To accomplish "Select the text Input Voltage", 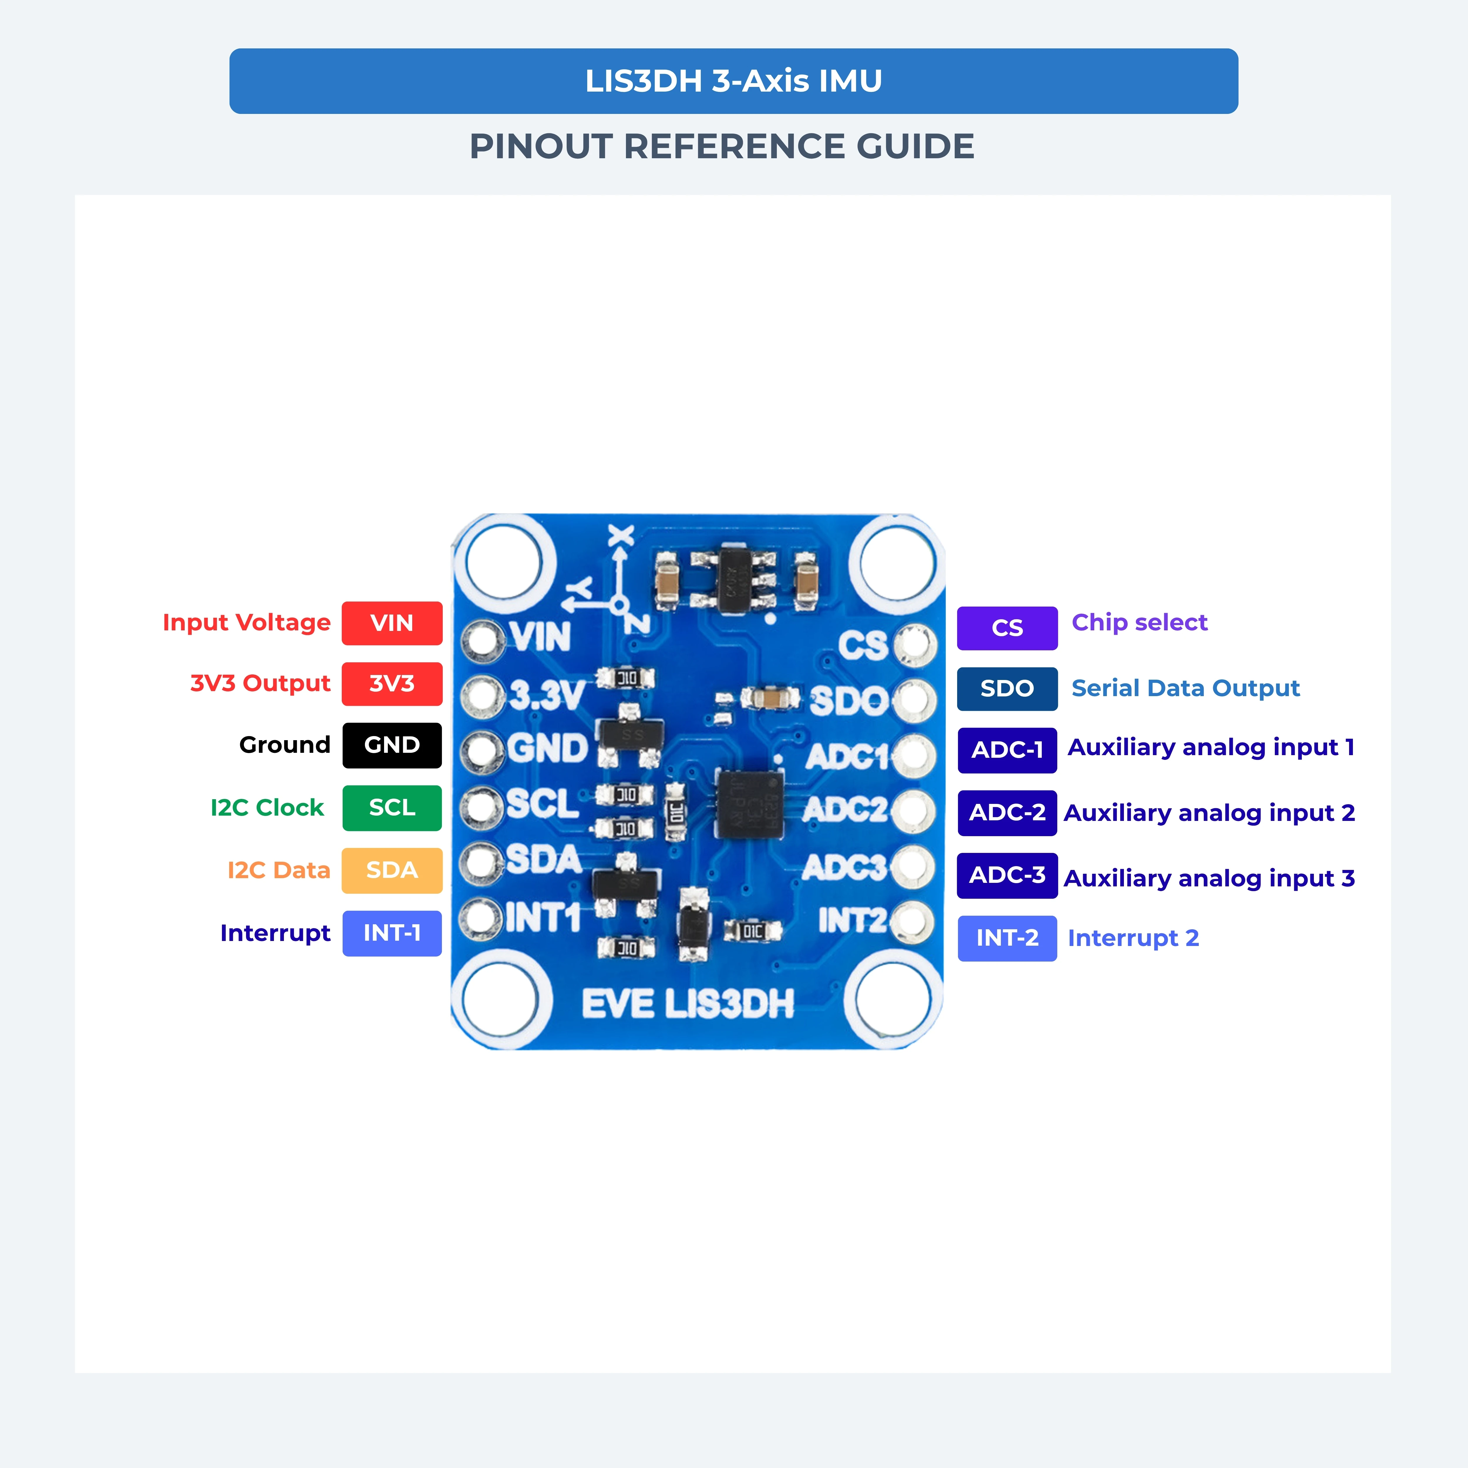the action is pos(246,623).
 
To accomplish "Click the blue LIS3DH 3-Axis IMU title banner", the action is pos(733,81).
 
